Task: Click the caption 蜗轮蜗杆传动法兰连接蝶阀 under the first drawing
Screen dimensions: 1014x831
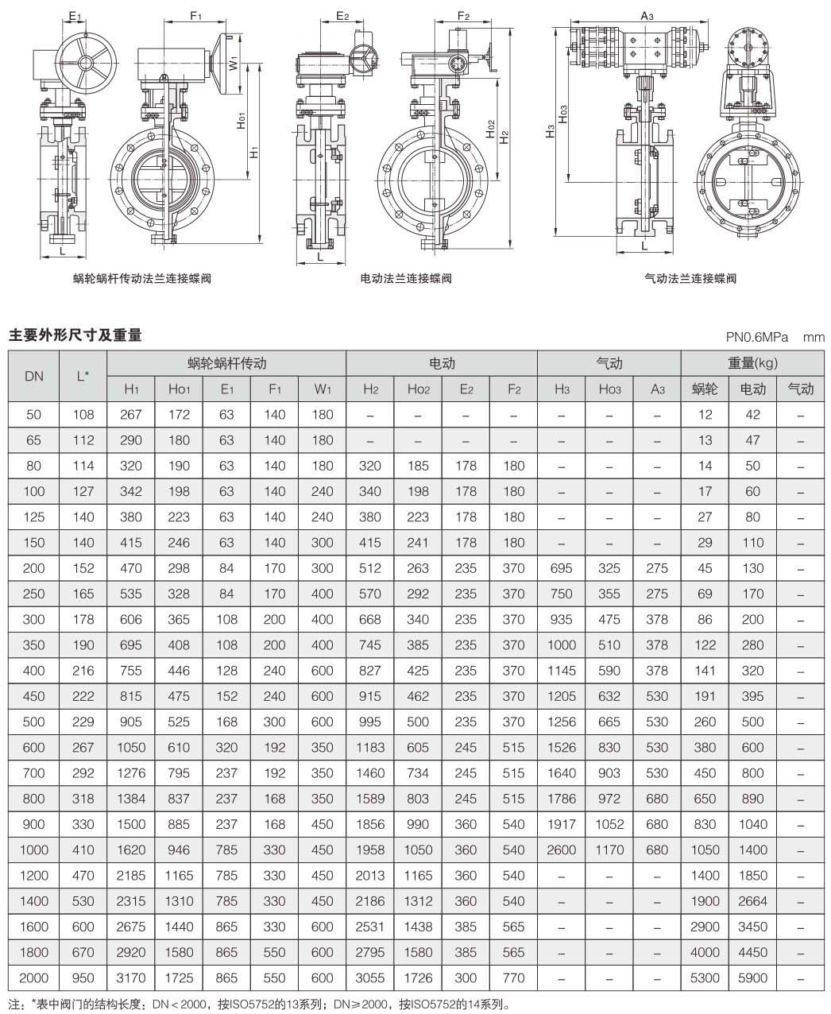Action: pyautogui.click(x=141, y=278)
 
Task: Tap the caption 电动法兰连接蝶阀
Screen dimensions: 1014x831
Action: pyautogui.click(x=406, y=278)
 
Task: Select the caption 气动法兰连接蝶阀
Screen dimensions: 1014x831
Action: pyautogui.click(x=690, y=278)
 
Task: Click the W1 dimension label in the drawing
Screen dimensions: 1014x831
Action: pyautogui.click(x=234, y=63)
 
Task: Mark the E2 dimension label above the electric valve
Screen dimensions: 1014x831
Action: pyautogui.click(x=342, y=15)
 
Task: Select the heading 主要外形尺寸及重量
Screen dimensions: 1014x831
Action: pyautogui.click(x=75, y=335)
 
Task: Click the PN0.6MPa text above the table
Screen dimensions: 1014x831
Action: pyautogui.click(x=757, y=337)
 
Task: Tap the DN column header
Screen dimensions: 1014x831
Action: pyautogui.click(x=33, y=376)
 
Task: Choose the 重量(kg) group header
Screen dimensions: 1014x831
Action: pyautogui.click(x=752, y=363)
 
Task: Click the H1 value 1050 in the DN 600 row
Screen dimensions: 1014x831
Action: pyautogui.click(x=131, y=747)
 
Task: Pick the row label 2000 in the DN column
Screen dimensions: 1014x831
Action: pyautogui.click(x=33, y=977)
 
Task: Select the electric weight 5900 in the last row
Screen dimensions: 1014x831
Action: pyautogui.click(x=752, y=977)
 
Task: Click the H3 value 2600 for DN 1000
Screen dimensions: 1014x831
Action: pyautogui.click(x=561, y=850)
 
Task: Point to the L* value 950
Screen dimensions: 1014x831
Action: pyautogui.click(x=83, y=977)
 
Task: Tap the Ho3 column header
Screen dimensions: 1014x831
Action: pyautogui.click(x=609, y=389)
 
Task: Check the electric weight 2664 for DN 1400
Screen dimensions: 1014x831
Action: pyautogui.click(x=752, y=900)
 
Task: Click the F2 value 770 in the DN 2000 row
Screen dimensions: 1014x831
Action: pyautogui.click(x=513, y=977)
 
